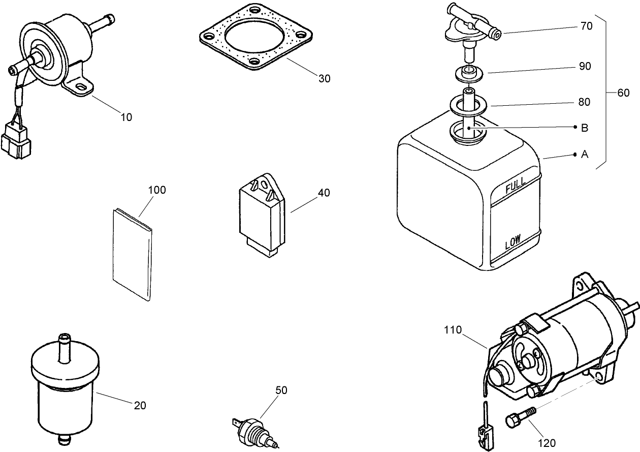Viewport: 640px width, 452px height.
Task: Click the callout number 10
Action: point(126,117)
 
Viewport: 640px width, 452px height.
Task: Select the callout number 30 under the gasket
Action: point(325,79)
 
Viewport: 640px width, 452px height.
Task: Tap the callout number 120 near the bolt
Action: point(547,443)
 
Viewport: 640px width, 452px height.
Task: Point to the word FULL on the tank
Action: point(515,187)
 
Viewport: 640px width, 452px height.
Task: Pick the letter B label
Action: point(584,128)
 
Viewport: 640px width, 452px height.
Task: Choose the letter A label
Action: point(584,154)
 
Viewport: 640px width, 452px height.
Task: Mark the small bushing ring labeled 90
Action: point(467,73)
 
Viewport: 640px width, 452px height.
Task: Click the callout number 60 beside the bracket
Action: point(623,93)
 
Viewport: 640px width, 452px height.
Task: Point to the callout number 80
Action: point(584,102)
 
